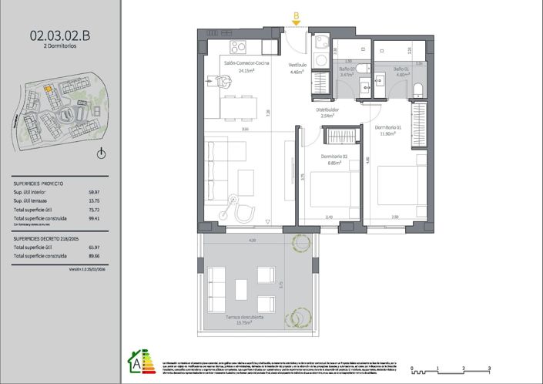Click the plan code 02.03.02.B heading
tap(60, 34)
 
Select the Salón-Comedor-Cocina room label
tap(246, 66)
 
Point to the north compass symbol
tap(102, 153)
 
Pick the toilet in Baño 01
tap(417, 89)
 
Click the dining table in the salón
tap(237, 106)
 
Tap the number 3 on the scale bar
tap(488, 368)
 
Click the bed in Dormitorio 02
tap(332, 192)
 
